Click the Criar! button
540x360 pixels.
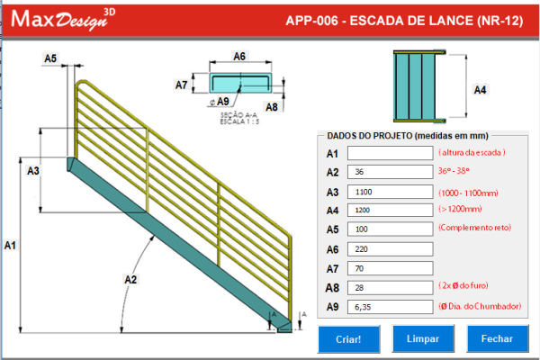tap(348, 338)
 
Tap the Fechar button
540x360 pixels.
tap(497, 338)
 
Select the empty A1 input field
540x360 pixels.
tap(391, 153)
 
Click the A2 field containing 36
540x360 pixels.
tap(391, 172)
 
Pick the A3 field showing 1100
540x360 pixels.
tap(391, 191)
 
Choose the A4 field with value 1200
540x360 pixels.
tap(391, 210)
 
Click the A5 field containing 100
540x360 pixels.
tap(391, 229)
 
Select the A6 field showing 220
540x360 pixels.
tap(391, 248)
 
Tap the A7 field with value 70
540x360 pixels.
tap(391, 267)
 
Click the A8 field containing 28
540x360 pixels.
tap(391, 287)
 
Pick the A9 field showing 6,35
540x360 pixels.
tap(391, 307)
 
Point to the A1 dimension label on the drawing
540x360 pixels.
tap(10, 244)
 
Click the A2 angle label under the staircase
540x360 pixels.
tap(130, 280)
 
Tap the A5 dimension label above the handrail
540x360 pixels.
tap(50, 58)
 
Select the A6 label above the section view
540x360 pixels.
tap(239, 56)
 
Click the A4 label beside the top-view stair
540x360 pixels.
tap(480, 89)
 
